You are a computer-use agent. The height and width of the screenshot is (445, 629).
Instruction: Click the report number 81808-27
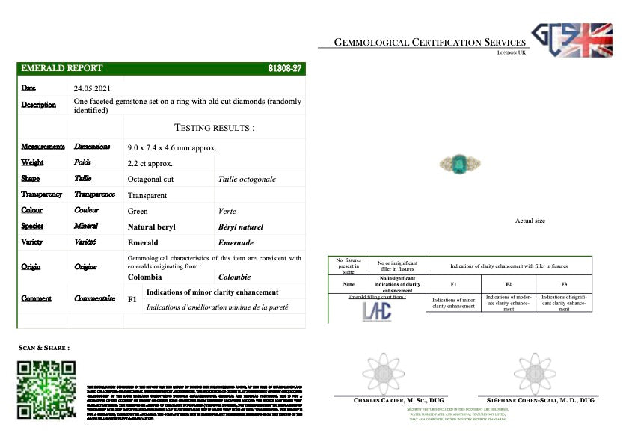pyautogui.click(x=284, y=68)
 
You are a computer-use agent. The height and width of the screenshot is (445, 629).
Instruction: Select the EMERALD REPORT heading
pyautogui.click(x=64, y=68)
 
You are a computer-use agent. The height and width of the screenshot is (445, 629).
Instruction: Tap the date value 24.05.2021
pyautogui.click(x=92, y=88)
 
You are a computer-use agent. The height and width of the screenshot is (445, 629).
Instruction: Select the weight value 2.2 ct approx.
pyautogui.click(x=150, y=163)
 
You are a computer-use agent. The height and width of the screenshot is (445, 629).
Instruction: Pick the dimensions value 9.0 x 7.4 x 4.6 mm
pyautogui.click(x=172, y=147)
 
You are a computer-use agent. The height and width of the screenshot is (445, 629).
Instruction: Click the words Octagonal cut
pyautogui.click(x=151, y=179)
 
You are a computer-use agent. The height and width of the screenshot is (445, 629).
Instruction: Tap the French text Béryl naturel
pyautogui.click(x=241, y=227)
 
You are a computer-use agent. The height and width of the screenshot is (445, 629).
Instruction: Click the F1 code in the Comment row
pyautogui.click(x=132, y=299)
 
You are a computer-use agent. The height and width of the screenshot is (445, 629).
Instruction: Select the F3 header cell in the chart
pyautogui.click(x=564, y=285)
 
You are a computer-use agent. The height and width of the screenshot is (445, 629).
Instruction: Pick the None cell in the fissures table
pyautogui.click(x=348, y=285)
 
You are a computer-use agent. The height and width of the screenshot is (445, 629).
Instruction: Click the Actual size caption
pyautogui.click(x=530, y=221)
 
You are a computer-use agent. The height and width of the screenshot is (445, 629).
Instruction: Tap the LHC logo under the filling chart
pyautogui.click(x=376, y=311)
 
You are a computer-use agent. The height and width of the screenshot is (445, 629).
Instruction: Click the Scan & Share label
pyautogui.click(x=44, y=348)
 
